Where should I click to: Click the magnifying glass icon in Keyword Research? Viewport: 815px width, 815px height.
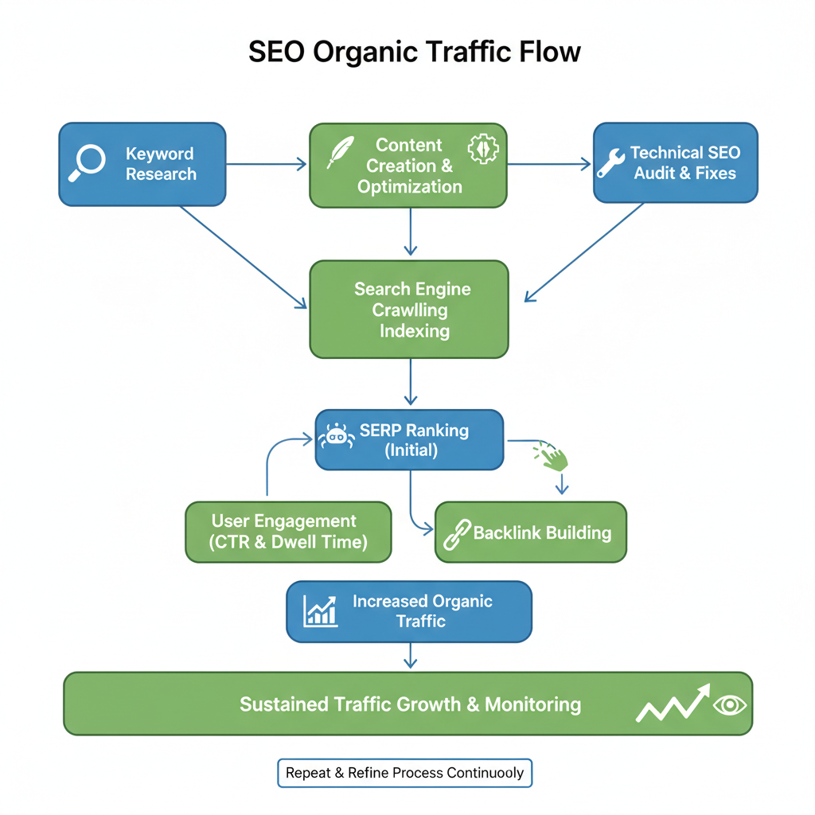click(x=88, y=163)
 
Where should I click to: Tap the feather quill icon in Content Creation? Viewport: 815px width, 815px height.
click(x=341, y=152)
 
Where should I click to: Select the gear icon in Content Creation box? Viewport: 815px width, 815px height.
click(x=482, y=150)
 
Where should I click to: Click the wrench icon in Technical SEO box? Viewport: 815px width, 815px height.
click(x=611, y=162)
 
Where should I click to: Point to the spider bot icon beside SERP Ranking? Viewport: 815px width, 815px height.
click(x=336, y=436)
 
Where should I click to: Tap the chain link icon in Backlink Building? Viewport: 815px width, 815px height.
click(x=456, y=534)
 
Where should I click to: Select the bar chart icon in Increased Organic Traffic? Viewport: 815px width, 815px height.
click(x=321, y=610)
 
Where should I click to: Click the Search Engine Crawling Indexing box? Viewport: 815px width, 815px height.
click(x=408, y=309)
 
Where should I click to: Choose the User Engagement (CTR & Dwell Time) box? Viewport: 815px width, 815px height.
click(x=288, y=532)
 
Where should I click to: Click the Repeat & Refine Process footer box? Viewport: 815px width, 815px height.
click(x=404, y=773)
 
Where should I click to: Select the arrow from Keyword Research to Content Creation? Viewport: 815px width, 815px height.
click(x=267, y=164)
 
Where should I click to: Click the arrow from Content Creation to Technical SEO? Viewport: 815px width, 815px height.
click(x=549, y=165)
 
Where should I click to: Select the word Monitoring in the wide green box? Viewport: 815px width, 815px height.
click(x=532, y=704)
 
